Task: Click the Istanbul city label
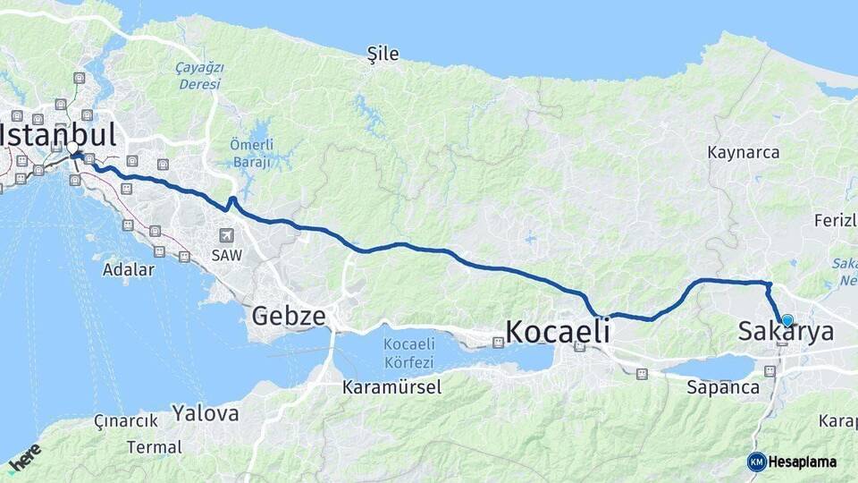coord(59,136)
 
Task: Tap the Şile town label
coord(383,55)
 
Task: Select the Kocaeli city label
coord(558,332)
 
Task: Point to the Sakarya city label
coord(786,333)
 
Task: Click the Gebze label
coord(287,316)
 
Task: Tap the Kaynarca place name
coord(744,152)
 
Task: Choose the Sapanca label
coord(723,387)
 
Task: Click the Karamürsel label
coord(388,387)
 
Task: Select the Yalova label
coord(206,413)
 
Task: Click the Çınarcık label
coord(125,420)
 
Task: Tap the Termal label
coord(154,446)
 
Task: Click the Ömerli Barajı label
coord(251,153)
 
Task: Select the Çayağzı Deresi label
coord(198,75)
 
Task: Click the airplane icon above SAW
coord(227,235)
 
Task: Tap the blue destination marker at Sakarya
coord(787,320)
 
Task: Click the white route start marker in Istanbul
coord(72,148)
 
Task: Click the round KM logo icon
coord(756,462)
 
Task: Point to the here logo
coord(24,456)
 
